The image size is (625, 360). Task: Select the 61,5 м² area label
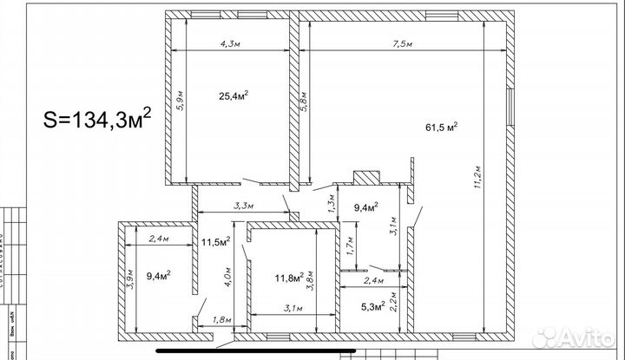click(x=442, y=127)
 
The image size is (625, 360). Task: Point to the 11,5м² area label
click(x=215, y=241)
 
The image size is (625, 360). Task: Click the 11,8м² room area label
click(x=289, y=278)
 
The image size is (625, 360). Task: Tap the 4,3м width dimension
click(x=231, y=43)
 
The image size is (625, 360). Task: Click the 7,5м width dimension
click(x=401, y=43)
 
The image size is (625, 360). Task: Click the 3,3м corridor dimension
click(x=244, y=206)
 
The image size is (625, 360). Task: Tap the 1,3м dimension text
click(x=331, y=206)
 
